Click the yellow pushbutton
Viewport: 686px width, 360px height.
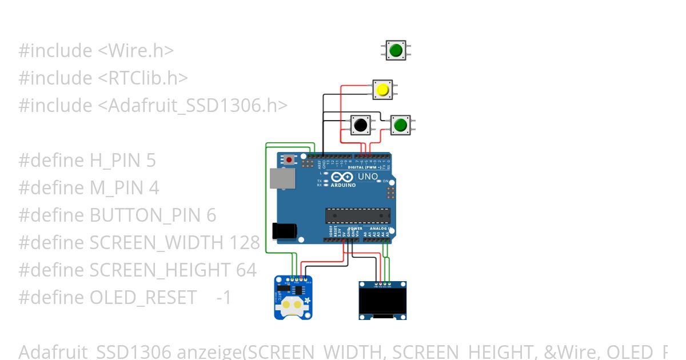(382, 90)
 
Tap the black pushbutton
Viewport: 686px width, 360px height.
(360, 124)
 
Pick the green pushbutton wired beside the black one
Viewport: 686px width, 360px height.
(400, 124)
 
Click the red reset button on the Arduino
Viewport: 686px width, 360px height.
(290, 159)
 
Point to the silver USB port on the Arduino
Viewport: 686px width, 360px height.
(283, 178)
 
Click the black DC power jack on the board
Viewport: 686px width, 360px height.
(285, 230)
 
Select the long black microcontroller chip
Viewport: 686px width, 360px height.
(358, 215)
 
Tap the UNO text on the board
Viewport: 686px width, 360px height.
(368, 177)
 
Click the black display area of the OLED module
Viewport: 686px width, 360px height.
(382, 301)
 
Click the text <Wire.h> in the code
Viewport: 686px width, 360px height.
(136, 51)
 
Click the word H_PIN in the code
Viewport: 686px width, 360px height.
(114, 161)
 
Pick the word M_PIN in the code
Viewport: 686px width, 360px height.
(117, 188)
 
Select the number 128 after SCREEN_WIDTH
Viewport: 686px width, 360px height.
(245, 243)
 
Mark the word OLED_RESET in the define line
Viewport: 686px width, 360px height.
(143, 298)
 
